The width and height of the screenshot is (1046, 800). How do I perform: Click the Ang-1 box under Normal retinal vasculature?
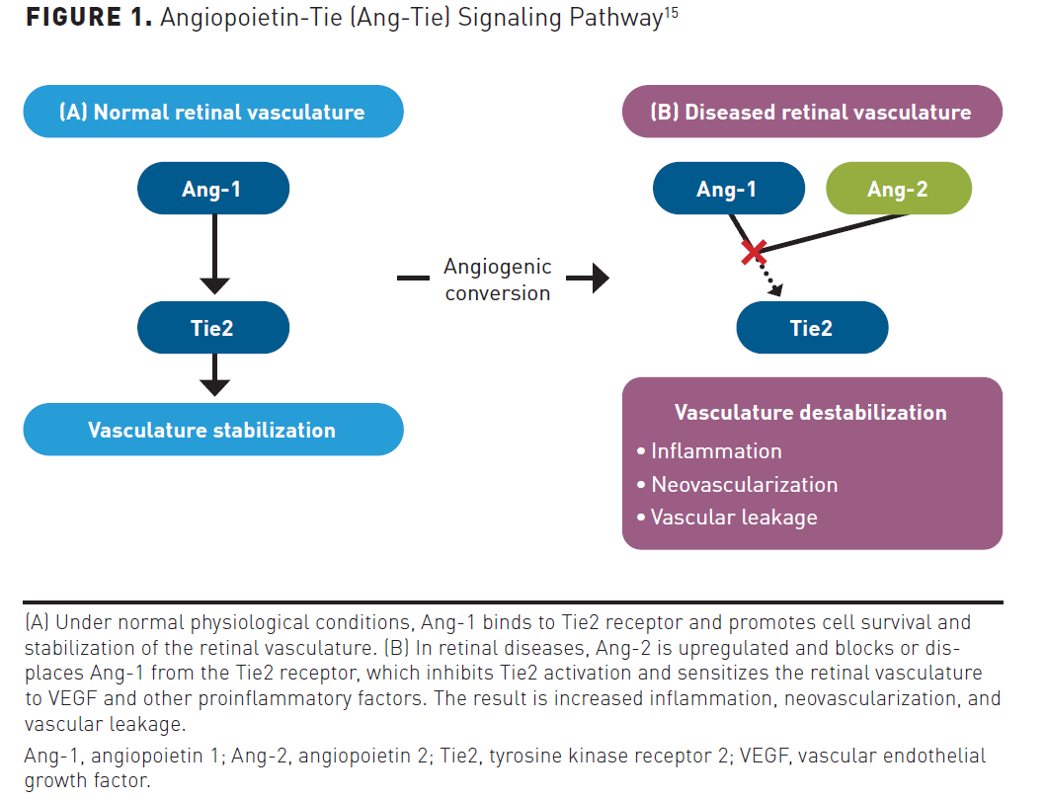pos(212,189)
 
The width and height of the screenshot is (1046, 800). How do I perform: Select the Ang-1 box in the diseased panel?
pos(727,189)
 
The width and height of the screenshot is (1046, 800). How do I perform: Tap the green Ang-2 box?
pos(898,189)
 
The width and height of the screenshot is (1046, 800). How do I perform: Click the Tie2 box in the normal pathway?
pos(212,328)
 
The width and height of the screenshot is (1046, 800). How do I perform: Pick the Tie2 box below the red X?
pos(812,328)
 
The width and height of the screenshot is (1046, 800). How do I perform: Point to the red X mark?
pos(754,252)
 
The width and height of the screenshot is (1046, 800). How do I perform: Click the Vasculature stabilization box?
pos(212,430)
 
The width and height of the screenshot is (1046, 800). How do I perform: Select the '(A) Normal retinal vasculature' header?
pos(212,112)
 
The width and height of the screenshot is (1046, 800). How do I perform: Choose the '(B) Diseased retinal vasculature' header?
pos(812,112)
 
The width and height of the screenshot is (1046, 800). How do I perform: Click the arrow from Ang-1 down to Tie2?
pos(214,253)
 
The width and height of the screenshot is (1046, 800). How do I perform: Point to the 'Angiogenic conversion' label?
pos(497,280)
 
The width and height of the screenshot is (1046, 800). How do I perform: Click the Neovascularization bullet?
pos(743,485)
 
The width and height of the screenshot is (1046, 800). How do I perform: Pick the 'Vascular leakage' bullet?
pos(733,518)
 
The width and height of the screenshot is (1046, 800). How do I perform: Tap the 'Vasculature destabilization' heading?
pos(810,412)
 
